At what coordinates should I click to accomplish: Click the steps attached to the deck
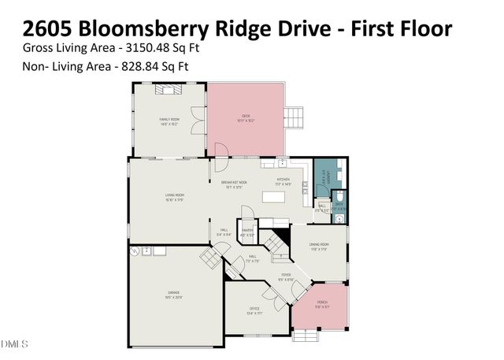293,117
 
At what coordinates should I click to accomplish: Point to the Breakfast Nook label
236,184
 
